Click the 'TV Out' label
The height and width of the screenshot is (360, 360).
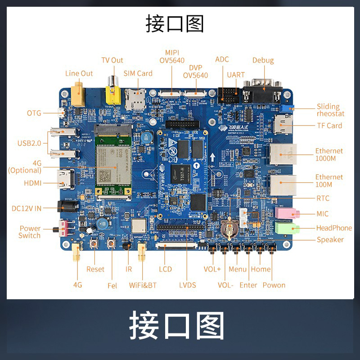tap(112, 60)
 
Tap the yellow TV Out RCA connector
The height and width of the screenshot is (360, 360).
tap(111, 93)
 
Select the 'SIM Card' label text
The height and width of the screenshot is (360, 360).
tap(138, 73)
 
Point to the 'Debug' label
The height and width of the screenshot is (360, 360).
tap(263, 60)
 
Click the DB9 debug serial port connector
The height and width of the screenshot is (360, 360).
tap(262, 92)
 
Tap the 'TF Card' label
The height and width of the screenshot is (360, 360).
tap(329, 126)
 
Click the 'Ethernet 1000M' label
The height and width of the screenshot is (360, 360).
tap(329, 154)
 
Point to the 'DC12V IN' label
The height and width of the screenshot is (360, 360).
tap(27, 208)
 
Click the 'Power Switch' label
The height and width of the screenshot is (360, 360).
tap(30, 232)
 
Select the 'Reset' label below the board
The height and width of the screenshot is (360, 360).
tap(95, 269)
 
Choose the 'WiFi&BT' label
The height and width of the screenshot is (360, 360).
tap(143, 285)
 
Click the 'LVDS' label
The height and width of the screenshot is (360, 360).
tap(188, 285)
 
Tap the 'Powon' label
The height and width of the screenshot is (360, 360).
tap(274, 285)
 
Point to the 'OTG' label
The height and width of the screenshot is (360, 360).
tap(34, 113)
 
